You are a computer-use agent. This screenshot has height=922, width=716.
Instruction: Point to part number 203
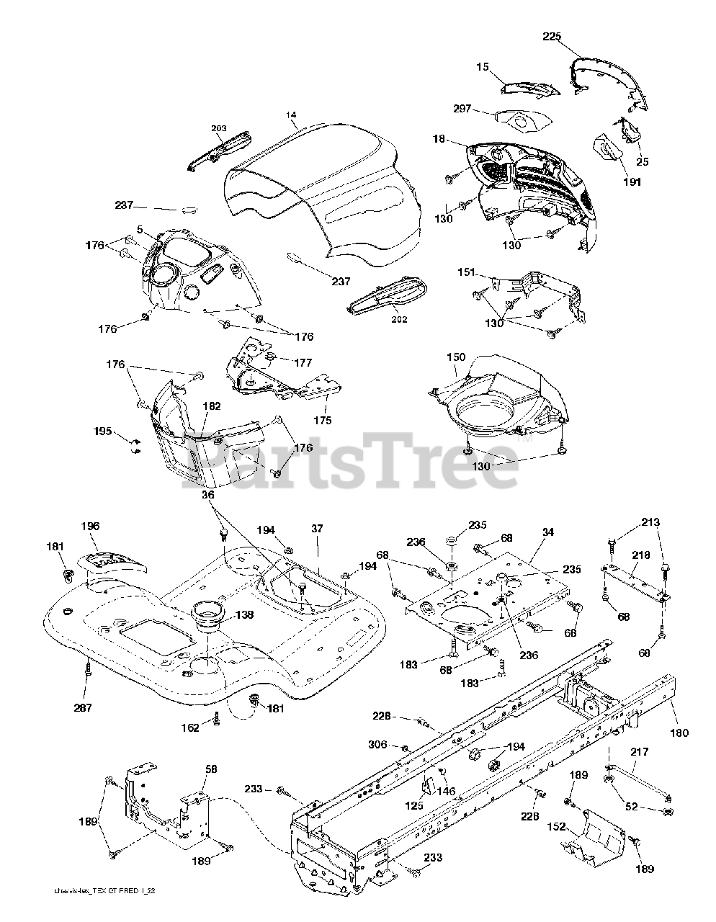pyautogui.click(x=218, y=128)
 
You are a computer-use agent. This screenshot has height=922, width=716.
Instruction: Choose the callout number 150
pyautogui.click(x=456, y=357)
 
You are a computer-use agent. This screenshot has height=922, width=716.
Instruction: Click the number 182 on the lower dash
pyautogui.click(x=211, y=406)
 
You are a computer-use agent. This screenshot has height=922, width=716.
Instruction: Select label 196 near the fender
pyautogui.click(x=91, y=527)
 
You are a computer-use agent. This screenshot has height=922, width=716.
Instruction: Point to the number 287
pyautogui.click(x=84, y=708)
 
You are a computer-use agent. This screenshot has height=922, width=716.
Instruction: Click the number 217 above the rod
pyautogui.click(x=639, y=752)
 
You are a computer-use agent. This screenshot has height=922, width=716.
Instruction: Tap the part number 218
pyautogui.click(x=641, y=555)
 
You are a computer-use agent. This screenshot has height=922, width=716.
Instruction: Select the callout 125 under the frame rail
pyautogui.click(x=413, y=806)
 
